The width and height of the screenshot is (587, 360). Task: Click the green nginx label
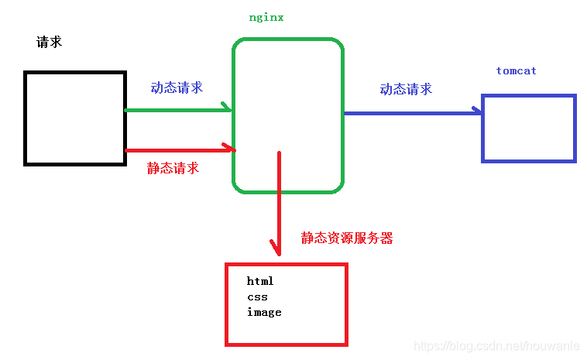(x=266, y=17)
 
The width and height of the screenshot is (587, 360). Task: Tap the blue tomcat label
(x=517, y=70)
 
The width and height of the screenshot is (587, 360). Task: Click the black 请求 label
(x=49, y=42)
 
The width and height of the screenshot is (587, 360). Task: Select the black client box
(x=75, y=118)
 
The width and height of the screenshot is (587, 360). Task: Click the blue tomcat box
(x=529, y=128)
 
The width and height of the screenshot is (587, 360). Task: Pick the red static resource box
(x=286, y=304)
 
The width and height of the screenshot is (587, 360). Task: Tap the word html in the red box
(x=260, y=281)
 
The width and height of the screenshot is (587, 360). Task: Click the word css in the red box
(x=257, y=297)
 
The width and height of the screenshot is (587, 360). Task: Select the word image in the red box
(x=264, y=312)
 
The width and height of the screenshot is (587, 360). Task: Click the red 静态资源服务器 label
(x=347, y=238)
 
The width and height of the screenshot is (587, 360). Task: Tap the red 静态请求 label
(x=173, y=168)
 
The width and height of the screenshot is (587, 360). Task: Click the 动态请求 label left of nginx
(x=177, y=87)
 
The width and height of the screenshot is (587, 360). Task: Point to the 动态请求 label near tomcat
(x=406, y=89)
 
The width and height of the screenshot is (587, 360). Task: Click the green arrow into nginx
(x=178, y=110)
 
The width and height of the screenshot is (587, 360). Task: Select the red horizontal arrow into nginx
(x=178, y=149)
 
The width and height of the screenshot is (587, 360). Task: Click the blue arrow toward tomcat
(x=410, y=113)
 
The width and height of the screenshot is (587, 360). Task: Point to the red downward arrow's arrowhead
(x=276, y=249)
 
